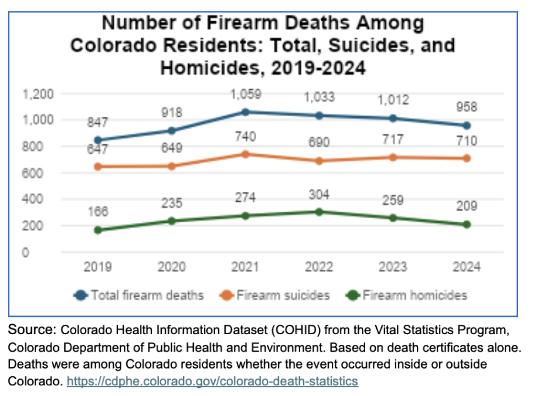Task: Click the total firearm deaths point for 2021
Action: tap(245, 112)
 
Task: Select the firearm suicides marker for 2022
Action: tap(319, 161)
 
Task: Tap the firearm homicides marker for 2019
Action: tap(97, 230)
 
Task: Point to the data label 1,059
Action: tap(245, 95)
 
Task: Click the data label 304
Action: tap(319, 194)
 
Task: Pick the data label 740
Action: tap(245, 136)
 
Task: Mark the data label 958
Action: tap(466, 107)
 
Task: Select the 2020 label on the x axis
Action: tap(171, 267)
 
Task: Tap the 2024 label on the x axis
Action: tap(466, 267)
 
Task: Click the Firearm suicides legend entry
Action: tap(275, 295)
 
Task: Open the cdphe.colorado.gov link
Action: tap(212, 380)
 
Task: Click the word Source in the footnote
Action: tap(28, 329)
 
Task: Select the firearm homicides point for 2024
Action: tap(466, 224)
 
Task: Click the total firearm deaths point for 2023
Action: tap(392, 118)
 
